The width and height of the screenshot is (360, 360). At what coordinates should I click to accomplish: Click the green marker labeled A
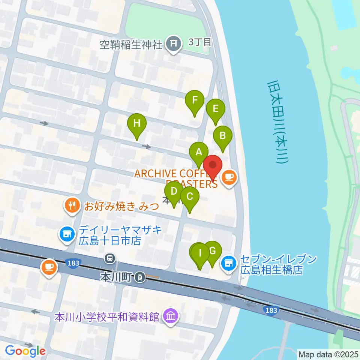(x=199, y=153)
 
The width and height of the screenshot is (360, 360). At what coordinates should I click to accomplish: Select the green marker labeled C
(x=190, y=196)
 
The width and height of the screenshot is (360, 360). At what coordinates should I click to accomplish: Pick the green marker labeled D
(x=174, y=192)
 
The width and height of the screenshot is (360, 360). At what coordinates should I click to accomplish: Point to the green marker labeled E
(x=216, y=109)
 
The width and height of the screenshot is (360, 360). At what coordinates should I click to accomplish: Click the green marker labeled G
(x=213, y=250)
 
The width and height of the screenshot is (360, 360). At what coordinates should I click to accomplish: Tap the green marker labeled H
(x=137, y=123)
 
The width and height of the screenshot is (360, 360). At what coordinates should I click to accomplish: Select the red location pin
(x=213, y=165)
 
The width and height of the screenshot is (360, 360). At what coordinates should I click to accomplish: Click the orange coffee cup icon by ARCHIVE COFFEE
(x=229, y=176)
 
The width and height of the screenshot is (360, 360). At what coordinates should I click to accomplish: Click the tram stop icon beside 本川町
(x=140, y=277)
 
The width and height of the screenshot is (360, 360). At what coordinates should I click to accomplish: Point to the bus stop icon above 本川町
(x=110, y=258)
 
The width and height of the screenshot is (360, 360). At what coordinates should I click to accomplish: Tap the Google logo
(x=25, y=351)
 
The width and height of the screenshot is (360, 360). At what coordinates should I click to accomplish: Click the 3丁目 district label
(x=200, y=41)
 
